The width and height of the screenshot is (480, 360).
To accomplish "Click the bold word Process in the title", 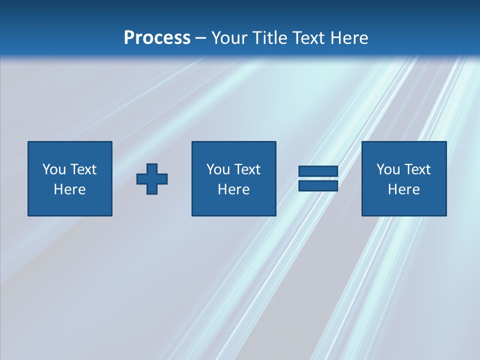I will pyautogui.click(x=157, y=38).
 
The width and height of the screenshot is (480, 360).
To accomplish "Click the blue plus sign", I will pyautogui.click(x=152, y=178).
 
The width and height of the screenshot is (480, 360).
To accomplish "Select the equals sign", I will pyautogui.click(x=318, y=178).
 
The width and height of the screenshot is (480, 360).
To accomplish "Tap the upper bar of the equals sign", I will pyautogui.click(x=318, y=171).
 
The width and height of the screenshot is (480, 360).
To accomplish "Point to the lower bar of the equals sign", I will pyautogui.click(x=318, y=186).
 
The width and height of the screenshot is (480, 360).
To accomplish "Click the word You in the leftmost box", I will pyautogui.click(x=54, y=169).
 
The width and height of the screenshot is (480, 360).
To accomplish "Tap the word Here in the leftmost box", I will pyautogui.click(x=69, y=189).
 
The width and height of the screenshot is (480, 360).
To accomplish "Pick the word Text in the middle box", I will pyautogui.click(x=247, y=169).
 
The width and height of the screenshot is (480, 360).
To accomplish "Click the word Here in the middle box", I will pyautogui.click(x=233, y=189).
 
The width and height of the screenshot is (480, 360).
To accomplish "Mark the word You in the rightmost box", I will pyautogui.click(x=388, y=169).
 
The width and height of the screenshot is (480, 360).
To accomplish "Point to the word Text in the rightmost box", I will pyautogui.click(x=417, y=169).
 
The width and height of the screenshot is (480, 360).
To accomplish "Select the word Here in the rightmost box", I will pyautogui.click(x=403, y=189).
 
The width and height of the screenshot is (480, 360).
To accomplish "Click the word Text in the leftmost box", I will pyautogui.click(x=83, y=169).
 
